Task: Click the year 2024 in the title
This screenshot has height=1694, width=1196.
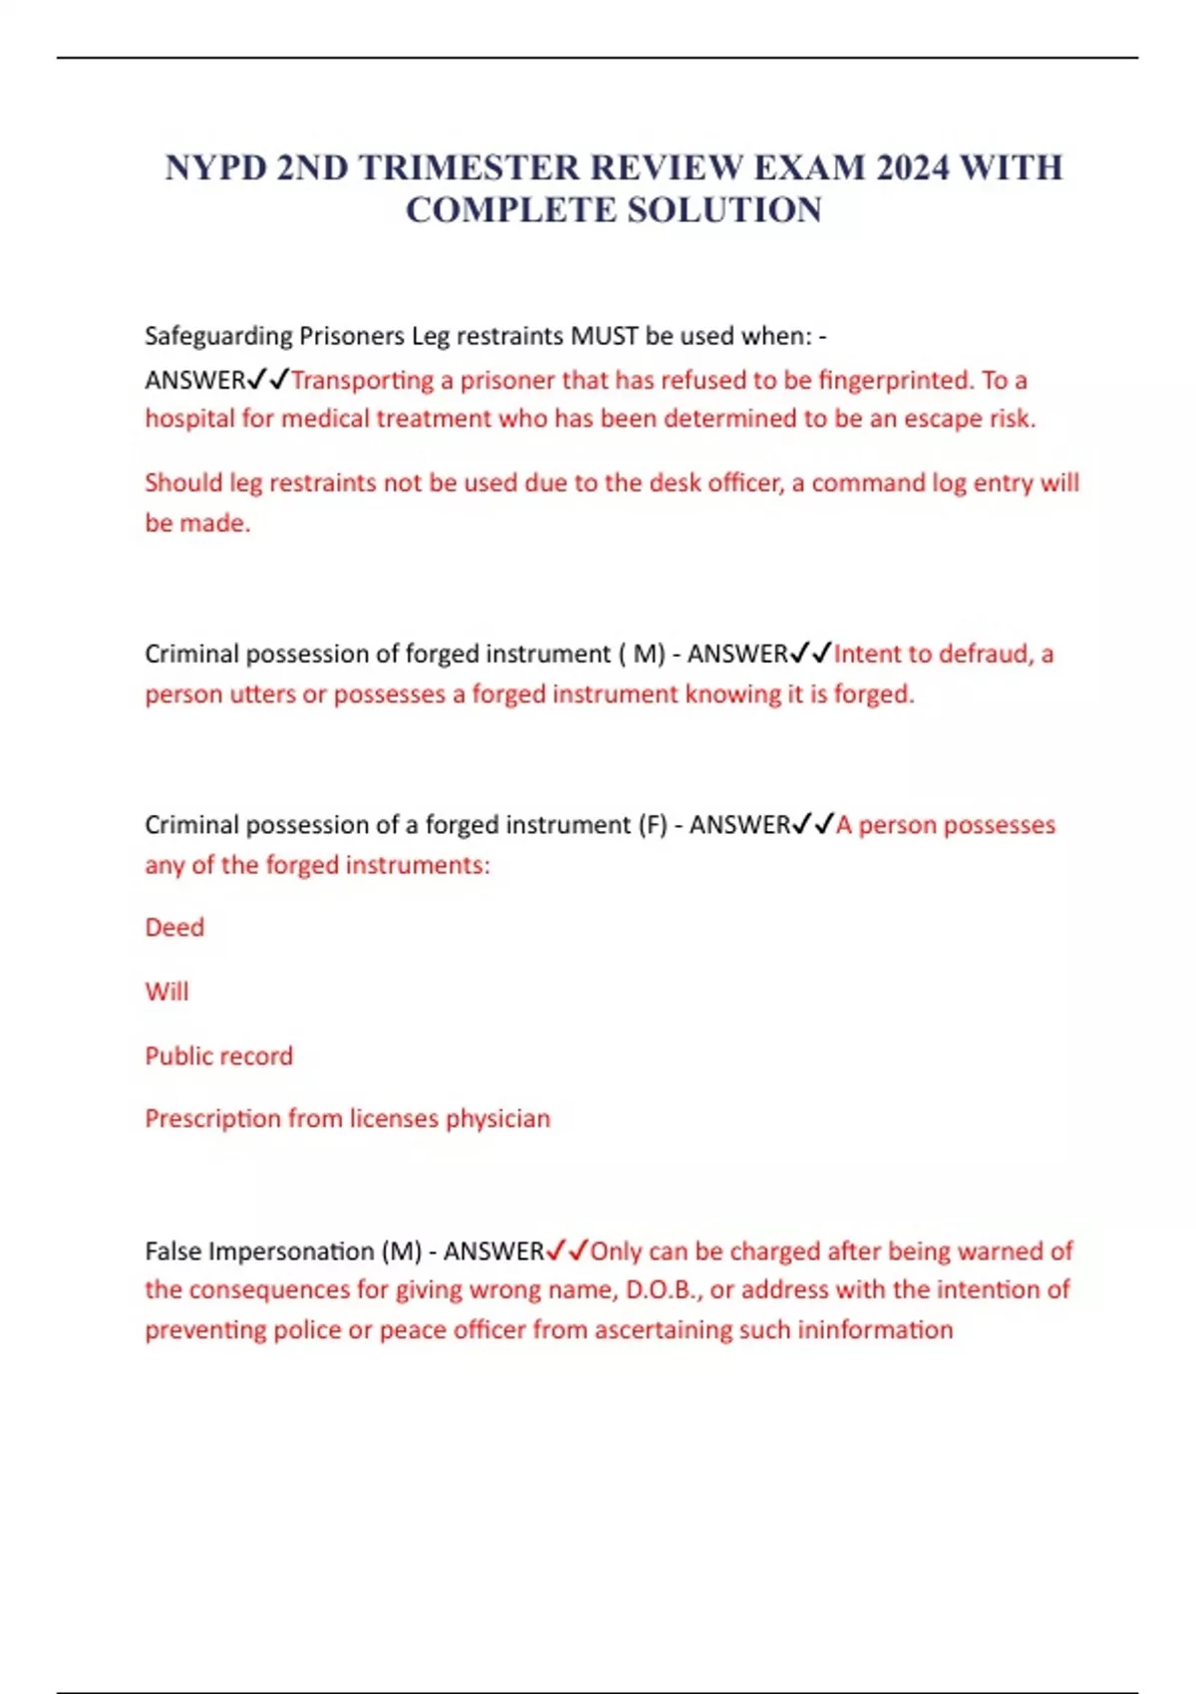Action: click(913, 167)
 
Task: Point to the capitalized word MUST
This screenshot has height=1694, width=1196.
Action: click(604, 336)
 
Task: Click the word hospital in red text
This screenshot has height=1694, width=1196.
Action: click(189, 419)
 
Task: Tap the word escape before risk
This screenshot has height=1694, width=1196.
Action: click(943, 419)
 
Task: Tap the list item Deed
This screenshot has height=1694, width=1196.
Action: click(174, 928)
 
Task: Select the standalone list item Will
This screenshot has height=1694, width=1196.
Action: click(166, 991)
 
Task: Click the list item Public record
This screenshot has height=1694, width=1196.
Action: click(218, 1056)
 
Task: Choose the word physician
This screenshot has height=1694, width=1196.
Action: click(497, 1119)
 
